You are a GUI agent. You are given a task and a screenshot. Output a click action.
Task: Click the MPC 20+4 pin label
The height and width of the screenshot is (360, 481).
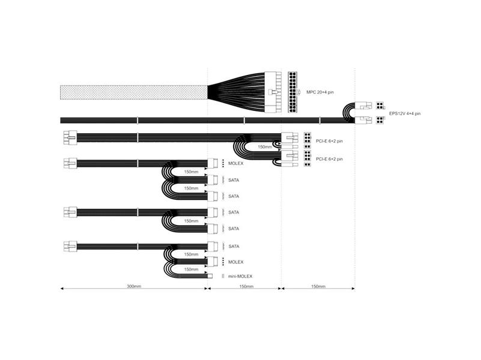point(320,92)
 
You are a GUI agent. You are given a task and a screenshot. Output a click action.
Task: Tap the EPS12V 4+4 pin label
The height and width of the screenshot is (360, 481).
point(405,113)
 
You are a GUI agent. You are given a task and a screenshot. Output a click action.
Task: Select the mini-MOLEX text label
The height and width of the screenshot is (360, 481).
point(240,276)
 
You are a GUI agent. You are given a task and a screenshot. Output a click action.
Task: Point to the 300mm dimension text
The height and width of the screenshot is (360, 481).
point(134,286)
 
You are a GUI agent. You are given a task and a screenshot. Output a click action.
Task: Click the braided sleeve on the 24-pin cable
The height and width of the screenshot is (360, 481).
point(134,92)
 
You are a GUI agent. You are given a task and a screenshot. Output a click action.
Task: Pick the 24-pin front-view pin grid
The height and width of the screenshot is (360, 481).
point(292,92)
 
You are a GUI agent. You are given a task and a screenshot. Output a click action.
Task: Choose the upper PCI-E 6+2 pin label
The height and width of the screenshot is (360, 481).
point(329,141)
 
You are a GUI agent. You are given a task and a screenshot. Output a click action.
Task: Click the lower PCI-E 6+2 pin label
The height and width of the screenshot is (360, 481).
point(329,159)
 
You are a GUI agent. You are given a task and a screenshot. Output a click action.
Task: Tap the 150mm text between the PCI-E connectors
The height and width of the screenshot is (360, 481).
point(265,147)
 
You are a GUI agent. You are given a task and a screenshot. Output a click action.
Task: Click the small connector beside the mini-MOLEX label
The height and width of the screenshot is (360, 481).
point(223,276)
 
